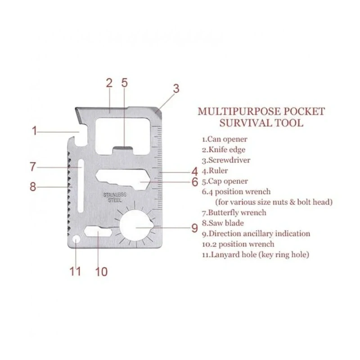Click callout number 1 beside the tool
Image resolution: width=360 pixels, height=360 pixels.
tap(35, 131)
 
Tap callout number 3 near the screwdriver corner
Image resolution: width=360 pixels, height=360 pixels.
tap(176, 89)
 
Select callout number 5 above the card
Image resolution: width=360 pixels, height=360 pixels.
tap(124, 83)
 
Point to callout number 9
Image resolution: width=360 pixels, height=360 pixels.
tap(195, 228)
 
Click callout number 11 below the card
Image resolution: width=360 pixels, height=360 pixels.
tap(75, 271)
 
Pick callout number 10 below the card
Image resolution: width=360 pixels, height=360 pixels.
tap(101, 272)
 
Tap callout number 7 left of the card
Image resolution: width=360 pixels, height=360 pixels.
tap(33, 166)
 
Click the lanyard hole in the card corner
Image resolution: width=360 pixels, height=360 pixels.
tap(76, 239)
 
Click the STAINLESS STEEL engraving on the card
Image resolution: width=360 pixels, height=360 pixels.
tap(115, 198)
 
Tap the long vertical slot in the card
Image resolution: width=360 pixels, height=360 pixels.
tap(81, 186)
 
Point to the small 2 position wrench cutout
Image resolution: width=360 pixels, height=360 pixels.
tap(98, 231)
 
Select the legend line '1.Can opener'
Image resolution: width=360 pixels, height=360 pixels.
tap(225, 139)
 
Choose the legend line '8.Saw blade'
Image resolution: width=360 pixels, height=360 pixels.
tap(223, 223)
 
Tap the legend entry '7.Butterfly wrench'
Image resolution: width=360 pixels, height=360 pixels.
tap(234, 212)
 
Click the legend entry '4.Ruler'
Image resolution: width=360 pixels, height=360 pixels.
tap(215, 171)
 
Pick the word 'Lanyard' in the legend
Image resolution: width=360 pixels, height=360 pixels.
tap(225, 255)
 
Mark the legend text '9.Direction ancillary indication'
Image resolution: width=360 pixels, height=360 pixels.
tap(256, 234)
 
